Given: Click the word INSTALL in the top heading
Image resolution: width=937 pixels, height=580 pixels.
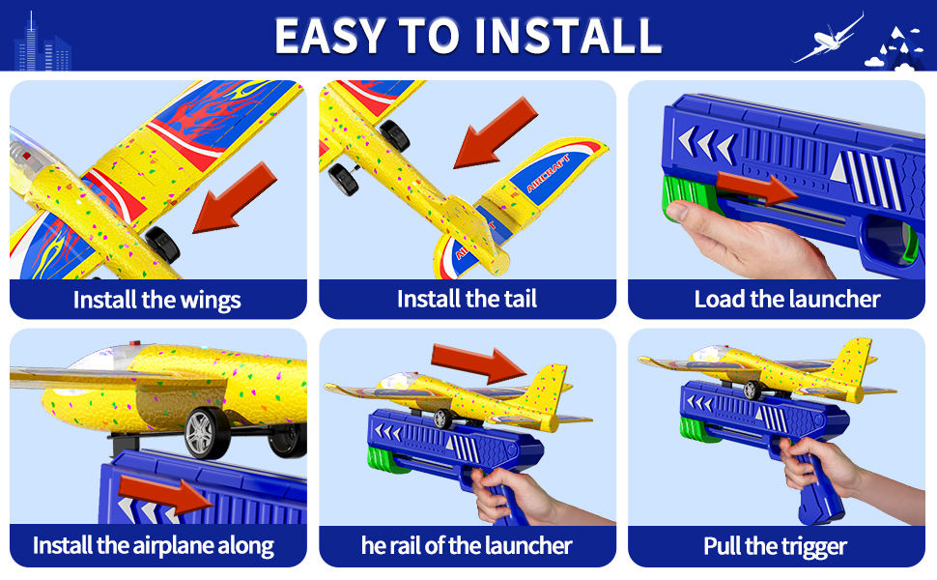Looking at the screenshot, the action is (x=568, y=36).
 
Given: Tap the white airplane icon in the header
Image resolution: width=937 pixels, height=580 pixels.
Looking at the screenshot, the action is (x=828, y=38).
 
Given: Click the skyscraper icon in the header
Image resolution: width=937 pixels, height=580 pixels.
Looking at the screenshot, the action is (x=42, y=43).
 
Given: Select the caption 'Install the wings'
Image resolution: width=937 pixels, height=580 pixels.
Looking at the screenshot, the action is (x=157, y=300).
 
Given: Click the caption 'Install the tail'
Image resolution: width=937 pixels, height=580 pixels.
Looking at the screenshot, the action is (x=467, y=299).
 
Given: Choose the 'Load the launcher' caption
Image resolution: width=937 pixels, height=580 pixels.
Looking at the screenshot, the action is (x=787, y=299).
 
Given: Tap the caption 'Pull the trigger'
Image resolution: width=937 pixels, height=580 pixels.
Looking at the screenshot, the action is (x=775, y=546).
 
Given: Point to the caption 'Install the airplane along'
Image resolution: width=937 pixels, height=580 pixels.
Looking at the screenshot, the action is (x=154, y=546).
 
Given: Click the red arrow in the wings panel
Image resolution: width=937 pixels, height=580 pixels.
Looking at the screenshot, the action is (x=234, y=198).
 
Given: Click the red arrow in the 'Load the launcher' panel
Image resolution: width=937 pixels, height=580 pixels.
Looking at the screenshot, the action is (x=757, y=188).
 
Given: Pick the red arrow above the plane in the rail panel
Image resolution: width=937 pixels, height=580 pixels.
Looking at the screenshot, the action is (x=478, y=362).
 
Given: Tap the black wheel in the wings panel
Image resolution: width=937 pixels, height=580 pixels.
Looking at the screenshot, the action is (x=162, y=245).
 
